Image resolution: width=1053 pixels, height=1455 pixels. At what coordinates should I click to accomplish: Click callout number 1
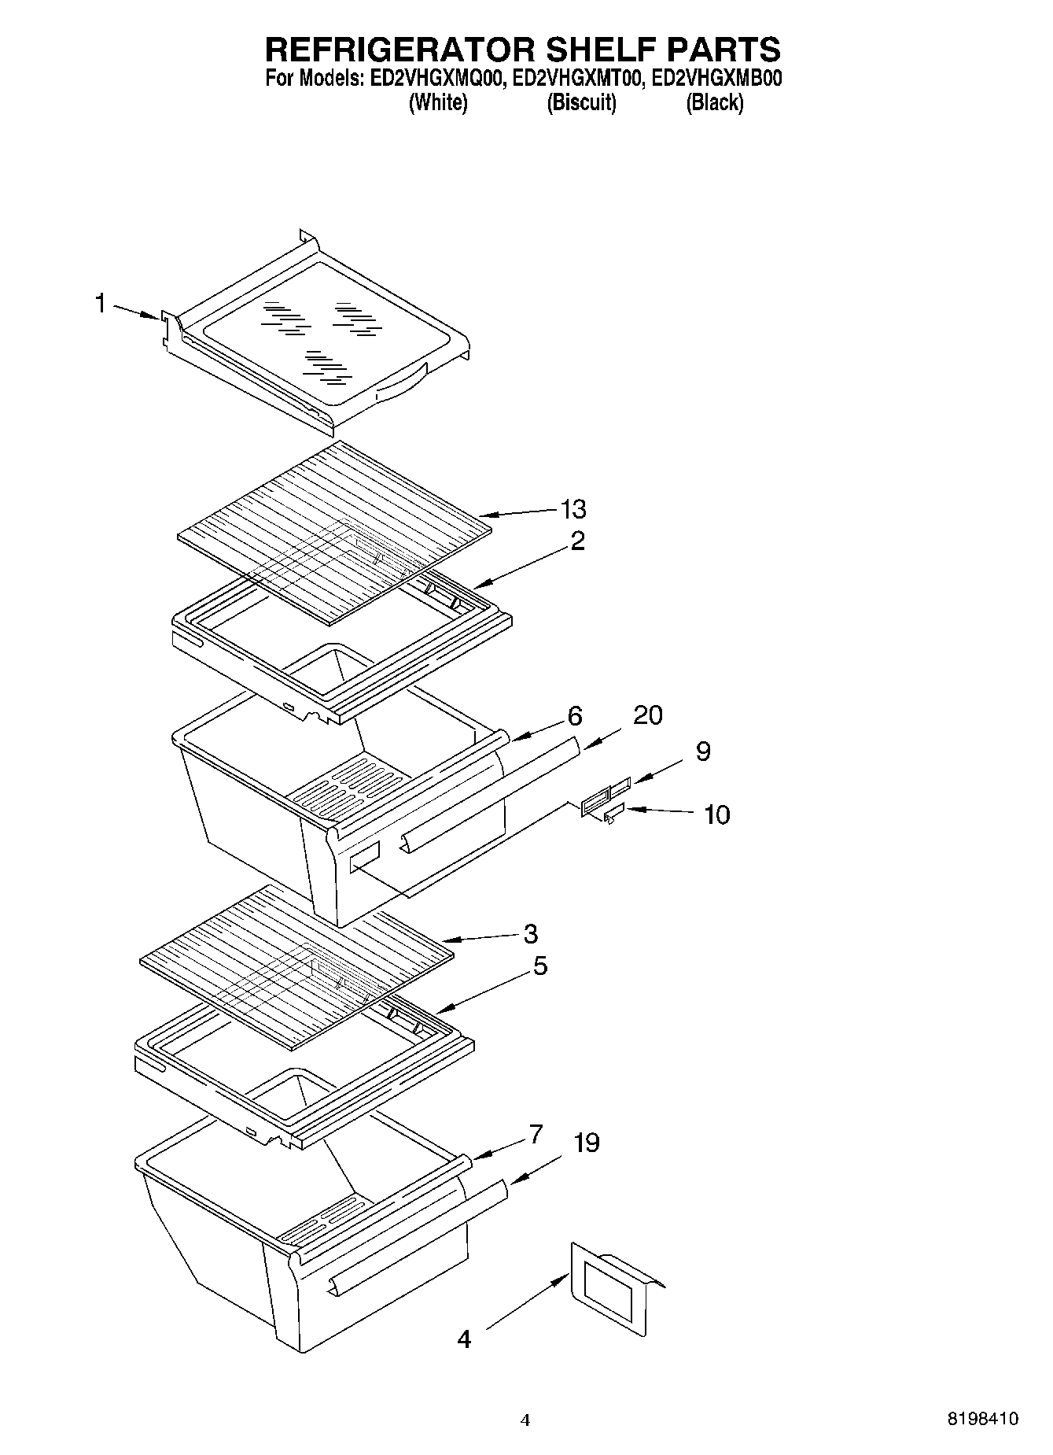pos(101,302)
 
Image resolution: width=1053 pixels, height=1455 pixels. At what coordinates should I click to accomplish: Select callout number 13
pos(573,509)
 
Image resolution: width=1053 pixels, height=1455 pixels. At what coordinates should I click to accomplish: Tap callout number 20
pos(647,715)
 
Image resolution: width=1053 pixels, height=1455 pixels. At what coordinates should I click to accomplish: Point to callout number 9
pos(702,752)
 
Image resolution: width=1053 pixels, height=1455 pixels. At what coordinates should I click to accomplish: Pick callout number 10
pos(716,814)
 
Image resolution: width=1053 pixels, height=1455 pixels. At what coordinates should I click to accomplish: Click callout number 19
pos(586,1143)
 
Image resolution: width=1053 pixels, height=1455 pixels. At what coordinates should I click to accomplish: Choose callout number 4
pos(464,1339)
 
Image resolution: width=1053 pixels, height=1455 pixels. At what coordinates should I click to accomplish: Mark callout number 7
pos(535,1135)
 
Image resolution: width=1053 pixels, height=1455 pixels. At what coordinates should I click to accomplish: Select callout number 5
pos(539,966)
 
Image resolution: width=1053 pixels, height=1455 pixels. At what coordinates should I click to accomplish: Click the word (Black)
pos(714,102)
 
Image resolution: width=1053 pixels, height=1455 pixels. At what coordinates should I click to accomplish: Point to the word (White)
pos(438,102)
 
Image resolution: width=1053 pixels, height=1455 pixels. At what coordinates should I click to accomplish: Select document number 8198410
pos(982,1419)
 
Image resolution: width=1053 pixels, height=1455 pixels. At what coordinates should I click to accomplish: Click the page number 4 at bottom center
pos(525,1420)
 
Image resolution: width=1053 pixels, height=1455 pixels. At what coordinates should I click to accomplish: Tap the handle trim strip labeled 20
pos(492,795)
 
